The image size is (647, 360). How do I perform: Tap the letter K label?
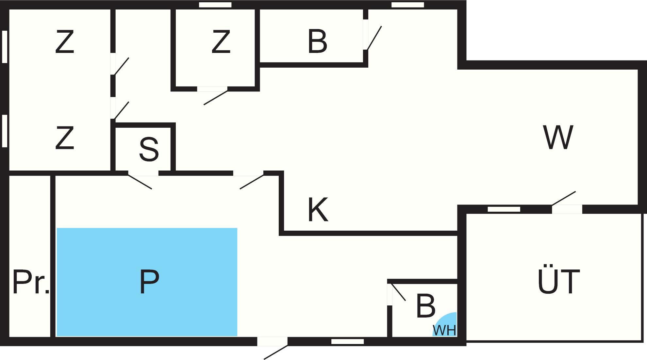(x=318, y=210)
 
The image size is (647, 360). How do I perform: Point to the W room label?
(x=558, y=137)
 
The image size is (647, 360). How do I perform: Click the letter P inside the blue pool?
(x=149, y=282)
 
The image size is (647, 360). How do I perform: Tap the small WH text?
(x=444, y=330)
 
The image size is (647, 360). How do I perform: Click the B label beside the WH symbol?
(x=425, y=306)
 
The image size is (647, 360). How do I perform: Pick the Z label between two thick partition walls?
(x=221, y=41)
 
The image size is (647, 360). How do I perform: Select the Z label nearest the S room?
(x=65, y=138)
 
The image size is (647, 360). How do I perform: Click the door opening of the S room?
(x=143, y=173)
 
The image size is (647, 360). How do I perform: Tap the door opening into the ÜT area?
(x=567, y=209)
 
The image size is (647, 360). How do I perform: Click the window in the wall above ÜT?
(x=504, y=209)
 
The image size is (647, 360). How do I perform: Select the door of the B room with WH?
(x=390, y=294)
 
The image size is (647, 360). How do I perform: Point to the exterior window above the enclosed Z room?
(x=215, y=5)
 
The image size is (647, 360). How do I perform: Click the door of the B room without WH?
(x=366, y=35)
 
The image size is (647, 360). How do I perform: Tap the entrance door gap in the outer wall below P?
(x=272, y=341)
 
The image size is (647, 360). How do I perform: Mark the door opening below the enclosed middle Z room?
(x=212, y=89)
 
